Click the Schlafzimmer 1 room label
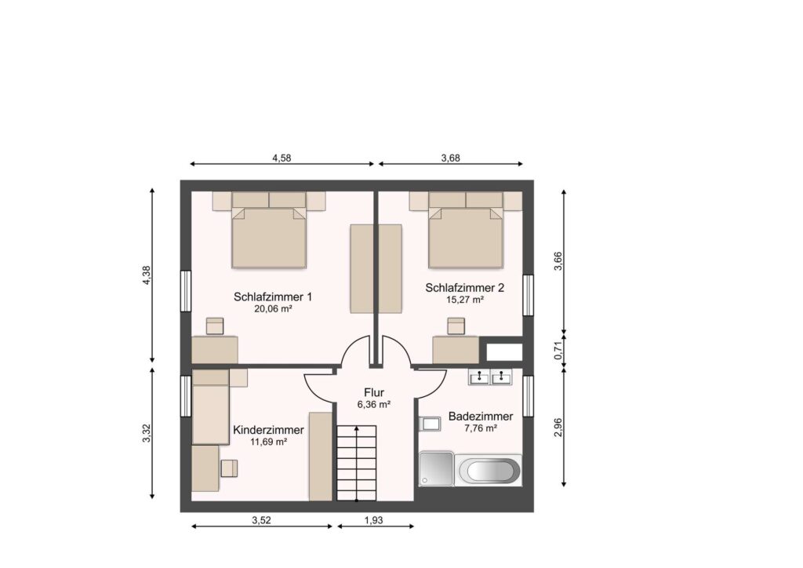(x=272, y=297)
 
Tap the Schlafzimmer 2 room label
(x=464, y=288)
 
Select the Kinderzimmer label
(x=268, y=430)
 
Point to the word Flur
(x=374, y=393)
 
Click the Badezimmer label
(x=481, y=417)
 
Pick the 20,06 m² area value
(x=273, y=309)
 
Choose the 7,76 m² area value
(x=481, y=428)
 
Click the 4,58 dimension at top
(x=282, y=158)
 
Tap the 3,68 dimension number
(x=451, y=158)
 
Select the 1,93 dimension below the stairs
(x=374, y=520)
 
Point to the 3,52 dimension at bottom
(x=261, y=520)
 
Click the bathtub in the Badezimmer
(x=489, y=470)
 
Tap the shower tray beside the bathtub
(x=436, y=468)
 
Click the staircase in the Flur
(x=357, y=463)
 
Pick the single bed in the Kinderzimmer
(x=210, y=407)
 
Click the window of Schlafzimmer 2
(x=528, y=296)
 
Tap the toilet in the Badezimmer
(x=430, y=424)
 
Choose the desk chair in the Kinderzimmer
(x=230, y=468)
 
